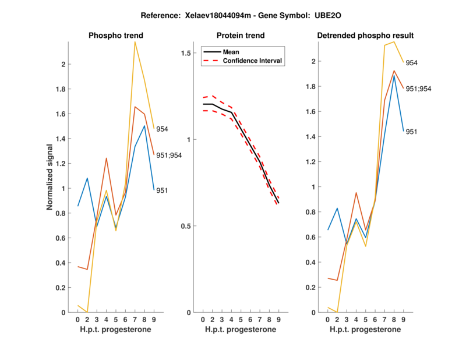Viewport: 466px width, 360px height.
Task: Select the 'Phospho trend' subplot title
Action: (115, 36)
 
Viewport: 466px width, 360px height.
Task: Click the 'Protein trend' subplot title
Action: (240, 36)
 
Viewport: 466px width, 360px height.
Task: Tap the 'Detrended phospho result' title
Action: (365, 36)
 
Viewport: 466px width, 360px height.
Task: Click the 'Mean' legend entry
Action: (231, 52)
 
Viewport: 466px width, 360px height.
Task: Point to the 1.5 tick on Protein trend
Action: (187, 53)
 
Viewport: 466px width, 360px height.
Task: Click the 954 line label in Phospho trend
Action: (162, 129)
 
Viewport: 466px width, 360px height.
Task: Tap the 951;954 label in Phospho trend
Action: (168, 155)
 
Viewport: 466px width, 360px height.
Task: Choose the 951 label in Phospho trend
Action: (162, 190)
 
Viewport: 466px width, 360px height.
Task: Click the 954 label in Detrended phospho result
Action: (412, 63)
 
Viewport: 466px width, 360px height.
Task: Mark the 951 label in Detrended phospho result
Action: (411, 132)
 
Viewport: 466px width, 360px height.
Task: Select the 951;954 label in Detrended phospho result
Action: (418, 89)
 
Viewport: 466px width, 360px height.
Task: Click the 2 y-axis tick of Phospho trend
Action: (63, 64)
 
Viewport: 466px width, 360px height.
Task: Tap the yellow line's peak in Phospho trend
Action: (135, 42)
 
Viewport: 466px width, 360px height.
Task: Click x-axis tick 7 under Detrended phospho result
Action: (385, 320)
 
